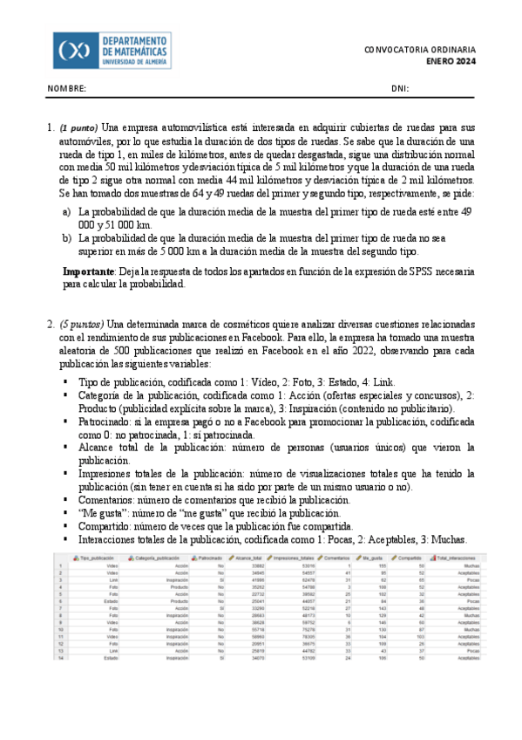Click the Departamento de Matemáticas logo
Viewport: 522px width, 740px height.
(112, 51)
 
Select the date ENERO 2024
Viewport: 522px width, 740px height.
(451, 62)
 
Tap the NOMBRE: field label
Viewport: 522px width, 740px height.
(66, 89)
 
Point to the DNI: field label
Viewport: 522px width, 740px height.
(400, 89)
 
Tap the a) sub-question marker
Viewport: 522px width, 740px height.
(67, 212)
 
